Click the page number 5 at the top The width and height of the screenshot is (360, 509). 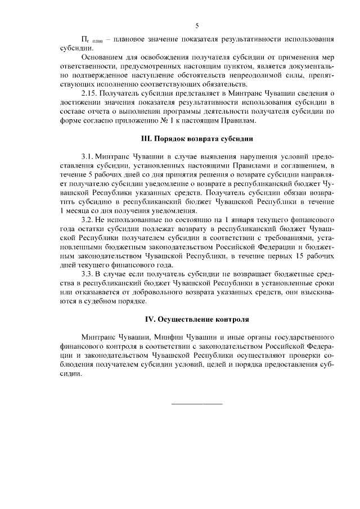197,25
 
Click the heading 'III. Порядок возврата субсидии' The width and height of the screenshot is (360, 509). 196,138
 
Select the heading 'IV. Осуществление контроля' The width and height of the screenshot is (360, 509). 196,319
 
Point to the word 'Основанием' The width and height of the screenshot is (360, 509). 101,57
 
